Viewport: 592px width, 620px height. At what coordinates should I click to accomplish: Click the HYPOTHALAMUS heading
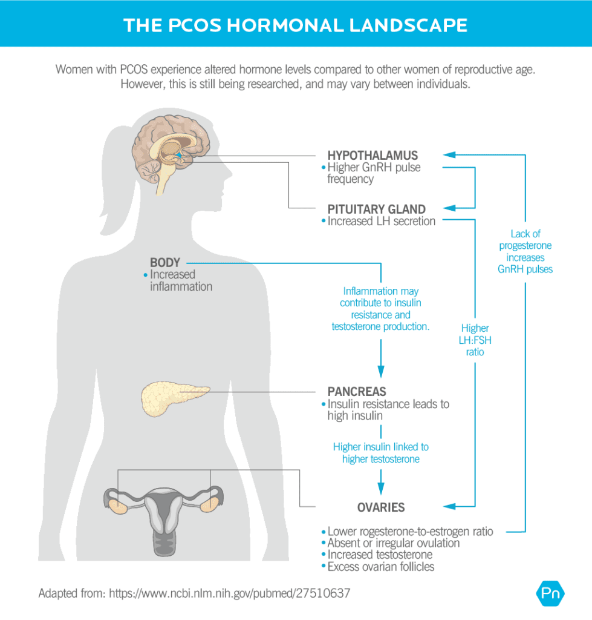(372, 156)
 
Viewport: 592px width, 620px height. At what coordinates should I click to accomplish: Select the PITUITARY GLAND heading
(377, 209)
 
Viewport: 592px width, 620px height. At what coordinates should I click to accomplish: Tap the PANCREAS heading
(357, 392)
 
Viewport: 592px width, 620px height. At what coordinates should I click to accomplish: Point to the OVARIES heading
(381, 507)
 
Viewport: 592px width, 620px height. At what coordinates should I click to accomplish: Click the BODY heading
(165, 263)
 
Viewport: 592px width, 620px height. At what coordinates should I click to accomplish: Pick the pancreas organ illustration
(174, 397)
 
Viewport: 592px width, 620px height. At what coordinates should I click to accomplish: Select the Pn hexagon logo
(550, 593)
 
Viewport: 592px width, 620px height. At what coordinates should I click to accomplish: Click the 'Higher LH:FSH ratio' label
(475, 340)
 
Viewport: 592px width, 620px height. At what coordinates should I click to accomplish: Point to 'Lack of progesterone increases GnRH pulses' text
(525, 251)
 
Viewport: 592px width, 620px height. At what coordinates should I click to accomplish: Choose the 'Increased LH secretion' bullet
(381, 222)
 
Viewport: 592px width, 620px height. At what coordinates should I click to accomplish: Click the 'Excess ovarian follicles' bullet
(381, 567)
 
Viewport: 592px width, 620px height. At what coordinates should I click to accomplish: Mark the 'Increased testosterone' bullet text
(380, 555)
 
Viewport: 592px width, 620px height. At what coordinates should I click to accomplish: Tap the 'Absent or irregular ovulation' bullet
(393, 543)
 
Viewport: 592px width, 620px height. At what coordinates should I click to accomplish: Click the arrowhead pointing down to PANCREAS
(380, 372)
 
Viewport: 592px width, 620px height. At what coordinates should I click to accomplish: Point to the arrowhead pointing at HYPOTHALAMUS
(448, 155)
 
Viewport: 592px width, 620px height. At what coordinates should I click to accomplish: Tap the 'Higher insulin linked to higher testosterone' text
(381, 453)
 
